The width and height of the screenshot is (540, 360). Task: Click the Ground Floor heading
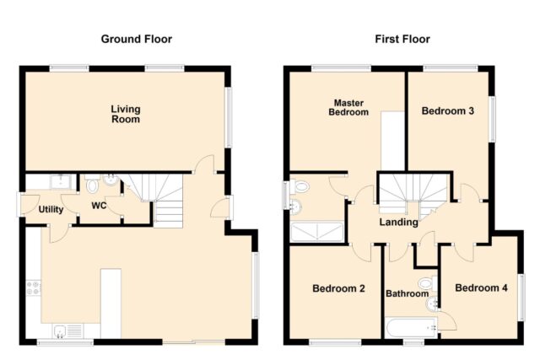point(137,40)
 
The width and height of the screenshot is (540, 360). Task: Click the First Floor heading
point(402,40)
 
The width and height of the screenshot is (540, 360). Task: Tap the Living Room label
point(126,115)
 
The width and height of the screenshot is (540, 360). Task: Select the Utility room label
point(51,210)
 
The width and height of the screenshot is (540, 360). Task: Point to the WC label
point(99,206)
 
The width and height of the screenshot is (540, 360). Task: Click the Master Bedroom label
point(348,107)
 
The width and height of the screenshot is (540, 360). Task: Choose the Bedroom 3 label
point(448,110)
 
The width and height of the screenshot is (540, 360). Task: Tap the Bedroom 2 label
point(338,288)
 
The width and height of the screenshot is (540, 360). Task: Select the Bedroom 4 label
point(481,287)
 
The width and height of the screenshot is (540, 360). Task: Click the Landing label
point(399,223)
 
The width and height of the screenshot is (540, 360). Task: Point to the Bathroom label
point(407,293)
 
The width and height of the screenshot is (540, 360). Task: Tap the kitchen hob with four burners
point(34,287)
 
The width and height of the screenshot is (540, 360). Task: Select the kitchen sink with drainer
point(68,331)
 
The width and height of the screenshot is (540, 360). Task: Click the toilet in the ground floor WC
point(92,184)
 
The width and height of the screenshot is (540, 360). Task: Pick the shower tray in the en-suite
point(317,232)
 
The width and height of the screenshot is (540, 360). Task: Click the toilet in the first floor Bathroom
point(428,283)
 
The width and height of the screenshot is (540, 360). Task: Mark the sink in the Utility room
point(61,182)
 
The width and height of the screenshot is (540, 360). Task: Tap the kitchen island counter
point(111,303)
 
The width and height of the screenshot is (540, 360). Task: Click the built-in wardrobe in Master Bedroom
point(392,141)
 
